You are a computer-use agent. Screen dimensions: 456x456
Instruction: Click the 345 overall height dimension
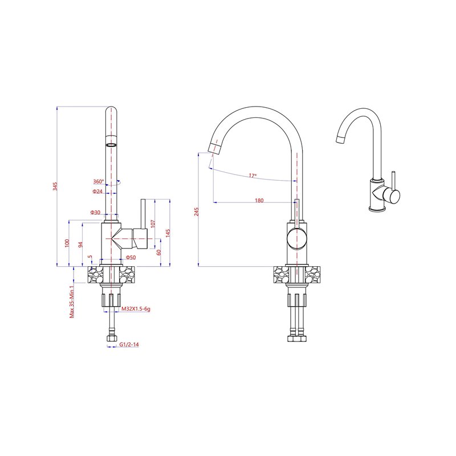(x=55, y=186)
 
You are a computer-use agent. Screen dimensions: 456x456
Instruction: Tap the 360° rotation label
(x=98, y=181)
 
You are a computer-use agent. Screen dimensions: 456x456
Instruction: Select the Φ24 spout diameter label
(x=97, y=192)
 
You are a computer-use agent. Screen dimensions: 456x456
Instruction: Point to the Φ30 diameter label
(x=95, y=212)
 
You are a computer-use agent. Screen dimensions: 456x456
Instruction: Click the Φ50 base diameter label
(x=131, y=258)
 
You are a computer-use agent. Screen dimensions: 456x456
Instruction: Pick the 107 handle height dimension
(x=153, y=223)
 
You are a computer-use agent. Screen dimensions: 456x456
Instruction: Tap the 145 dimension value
(x=168, y=233)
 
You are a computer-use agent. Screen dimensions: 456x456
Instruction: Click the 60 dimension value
(x=159, y=253)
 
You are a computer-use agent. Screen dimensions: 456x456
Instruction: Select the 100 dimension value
(x=67, y=243)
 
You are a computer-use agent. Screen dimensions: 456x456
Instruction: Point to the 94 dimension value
(x=81, y=245)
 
